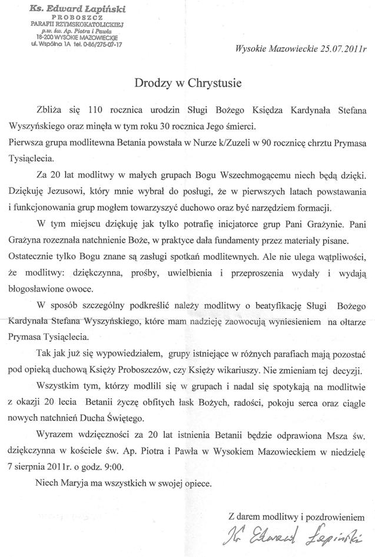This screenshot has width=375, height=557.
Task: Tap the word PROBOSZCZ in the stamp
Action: point(70,17)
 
